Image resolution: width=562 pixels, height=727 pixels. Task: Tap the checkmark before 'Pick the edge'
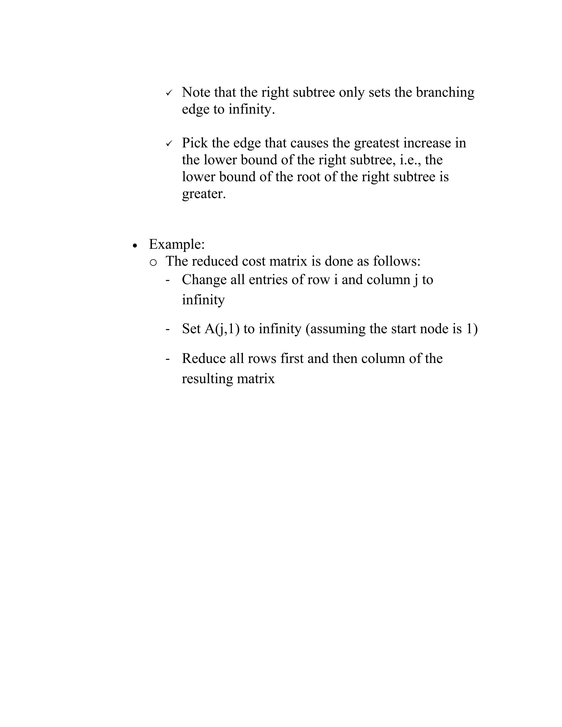(169, 144)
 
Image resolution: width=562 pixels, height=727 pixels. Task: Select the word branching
(445, 92)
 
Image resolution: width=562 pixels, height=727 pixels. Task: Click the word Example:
(176, 244)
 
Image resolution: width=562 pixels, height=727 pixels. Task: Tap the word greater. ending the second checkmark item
(204, 194)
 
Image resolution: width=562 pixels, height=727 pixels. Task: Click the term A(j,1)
(222, 329)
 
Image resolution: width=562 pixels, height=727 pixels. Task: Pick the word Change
(204, 280)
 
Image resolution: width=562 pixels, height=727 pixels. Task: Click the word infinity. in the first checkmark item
(252, 109)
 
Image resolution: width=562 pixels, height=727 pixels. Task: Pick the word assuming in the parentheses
(336, 329)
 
